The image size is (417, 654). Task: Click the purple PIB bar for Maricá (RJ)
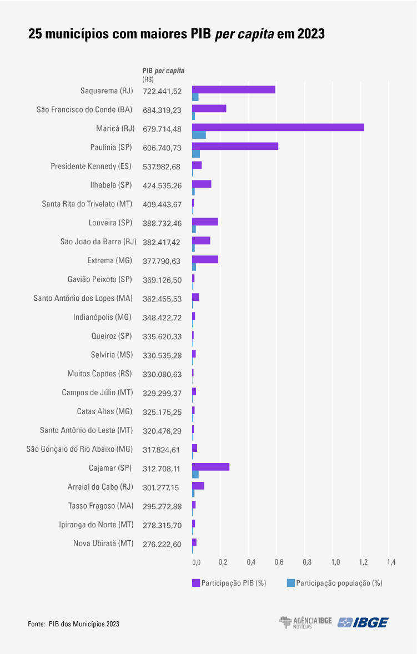pyautogui.click(x=278, y=127)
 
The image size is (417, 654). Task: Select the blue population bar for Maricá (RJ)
pyautogui.click(x=199, y=135)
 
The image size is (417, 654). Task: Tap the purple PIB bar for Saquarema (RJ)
pyautogui.click(x=234, y=89)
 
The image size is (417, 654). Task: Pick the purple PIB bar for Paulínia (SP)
pyautogui.click(x=235, y=146)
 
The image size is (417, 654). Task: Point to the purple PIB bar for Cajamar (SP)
pyautogui.click(x=210, y=467)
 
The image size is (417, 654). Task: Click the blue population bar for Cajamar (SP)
pyautogui.click(x=195, y=474)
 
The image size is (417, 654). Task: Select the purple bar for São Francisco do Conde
pyautogui.click(x=209, y=108)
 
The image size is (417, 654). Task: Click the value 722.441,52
pyautogui.click(x=162, y=91)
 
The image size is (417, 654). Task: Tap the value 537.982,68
pyautogui.click(x=162, y=167)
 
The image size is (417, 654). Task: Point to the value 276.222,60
pyautogui.click(x=162, y=544)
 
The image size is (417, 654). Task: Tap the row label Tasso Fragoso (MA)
pyautogui.click(x=101, y=506)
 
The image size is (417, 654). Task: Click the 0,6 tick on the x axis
pyautogui.click(x=279, y=562)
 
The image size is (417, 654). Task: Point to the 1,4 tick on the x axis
pyautogui.click(x=391, y=562)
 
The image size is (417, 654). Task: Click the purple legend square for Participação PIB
pyautogui.click(x=195, y=583)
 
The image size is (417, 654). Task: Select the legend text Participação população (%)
pyautogui.click(x=339, y=583)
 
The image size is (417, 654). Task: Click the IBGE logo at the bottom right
pyautogui.click(x=364, y=622)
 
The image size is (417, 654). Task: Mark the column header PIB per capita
pyautogui.click(x=163, y=71)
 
